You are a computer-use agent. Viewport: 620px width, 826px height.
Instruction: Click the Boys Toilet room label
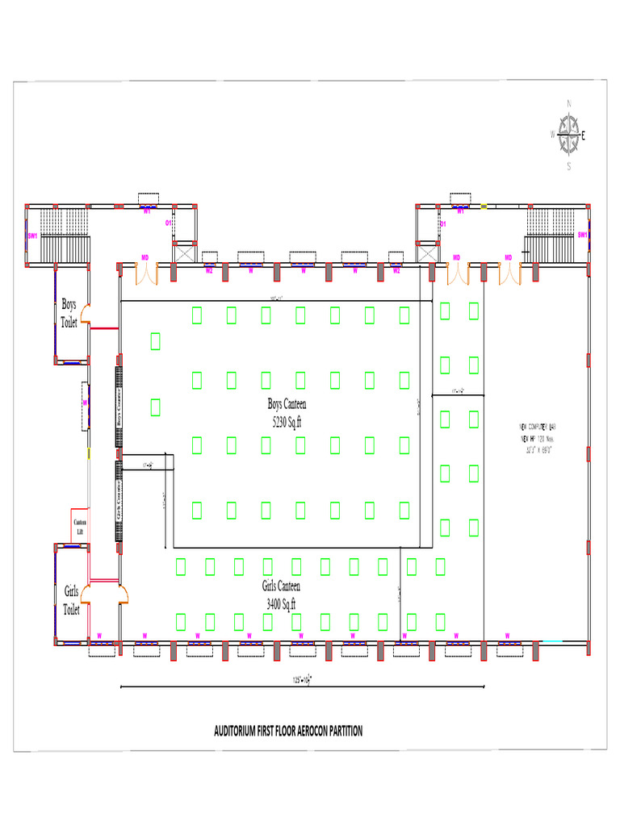point(69,313)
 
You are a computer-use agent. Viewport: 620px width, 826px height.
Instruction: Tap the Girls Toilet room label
point(72,601)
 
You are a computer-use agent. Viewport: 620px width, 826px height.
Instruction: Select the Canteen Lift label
point(80,527)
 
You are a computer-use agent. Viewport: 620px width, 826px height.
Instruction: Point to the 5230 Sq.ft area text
point(287,422)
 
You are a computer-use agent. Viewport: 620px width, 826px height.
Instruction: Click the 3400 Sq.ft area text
point(281,603)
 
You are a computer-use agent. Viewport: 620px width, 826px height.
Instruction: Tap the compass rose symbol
point(570,135)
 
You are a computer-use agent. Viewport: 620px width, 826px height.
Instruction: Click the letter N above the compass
point(569,103)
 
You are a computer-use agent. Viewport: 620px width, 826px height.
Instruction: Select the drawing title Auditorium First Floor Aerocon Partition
point(288,731)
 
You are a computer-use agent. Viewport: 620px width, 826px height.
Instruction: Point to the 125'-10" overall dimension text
point(302,680)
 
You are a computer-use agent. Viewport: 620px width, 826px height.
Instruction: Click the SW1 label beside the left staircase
point(33,236)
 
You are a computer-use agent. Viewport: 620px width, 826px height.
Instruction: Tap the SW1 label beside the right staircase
point(582,234)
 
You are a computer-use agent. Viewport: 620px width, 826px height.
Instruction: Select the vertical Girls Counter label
point(119,500)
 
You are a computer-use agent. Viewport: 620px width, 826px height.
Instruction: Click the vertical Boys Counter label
point(119,407)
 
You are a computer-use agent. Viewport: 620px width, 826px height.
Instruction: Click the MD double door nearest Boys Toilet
point(145,273)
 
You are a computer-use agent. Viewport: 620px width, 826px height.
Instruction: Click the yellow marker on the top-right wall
point(484,206)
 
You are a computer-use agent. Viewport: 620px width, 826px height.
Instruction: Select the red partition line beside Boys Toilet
point(104,328)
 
